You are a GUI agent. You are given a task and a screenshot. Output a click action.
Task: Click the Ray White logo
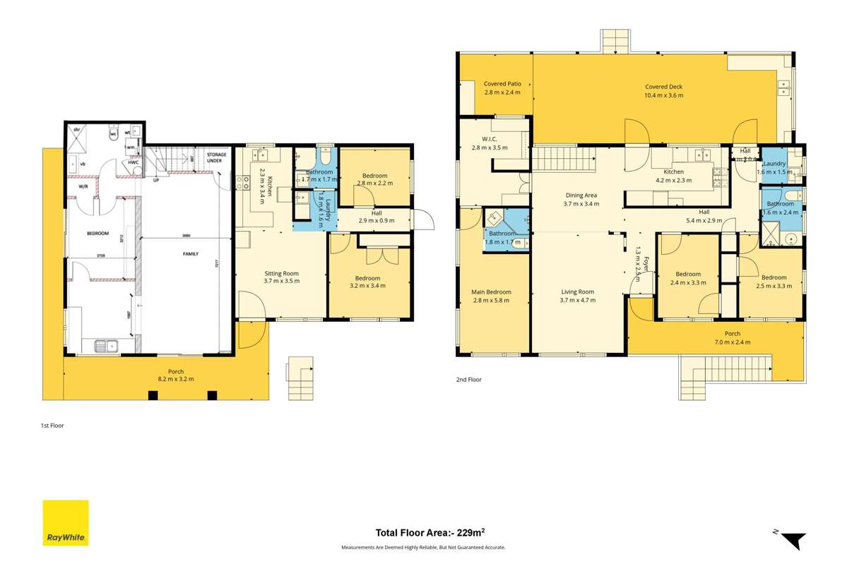tap(66, 522)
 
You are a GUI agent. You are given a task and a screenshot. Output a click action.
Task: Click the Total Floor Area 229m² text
tap(423, 533)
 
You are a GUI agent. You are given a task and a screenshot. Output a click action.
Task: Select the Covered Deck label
tap(663, 91)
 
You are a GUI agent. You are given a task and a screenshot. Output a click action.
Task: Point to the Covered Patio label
tap(502, 88)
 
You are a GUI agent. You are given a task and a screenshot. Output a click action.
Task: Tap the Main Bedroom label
tap(491, 296)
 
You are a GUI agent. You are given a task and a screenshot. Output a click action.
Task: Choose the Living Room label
tap(577, 296)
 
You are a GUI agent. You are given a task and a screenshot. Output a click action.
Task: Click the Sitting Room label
tap(281, 277)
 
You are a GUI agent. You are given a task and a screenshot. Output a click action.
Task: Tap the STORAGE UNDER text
tap(216, 157)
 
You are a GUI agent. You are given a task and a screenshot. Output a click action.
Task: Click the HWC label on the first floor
tap(133, 162)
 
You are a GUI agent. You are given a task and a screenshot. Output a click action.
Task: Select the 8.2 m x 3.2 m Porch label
tap(165, 375)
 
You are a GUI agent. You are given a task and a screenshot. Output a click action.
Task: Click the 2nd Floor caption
tap(469, 380)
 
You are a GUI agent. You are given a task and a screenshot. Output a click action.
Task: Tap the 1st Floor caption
tap(52, 426)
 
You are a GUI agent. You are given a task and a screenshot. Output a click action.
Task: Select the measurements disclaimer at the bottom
tap(423, 547)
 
